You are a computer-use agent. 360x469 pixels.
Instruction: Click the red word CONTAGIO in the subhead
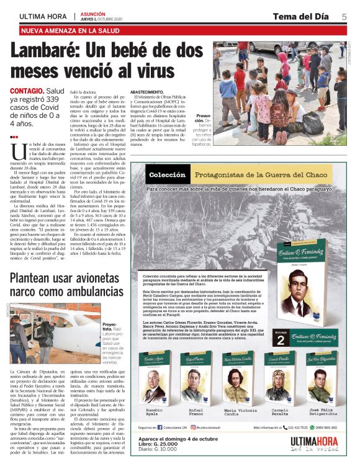(x=26, y=91)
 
